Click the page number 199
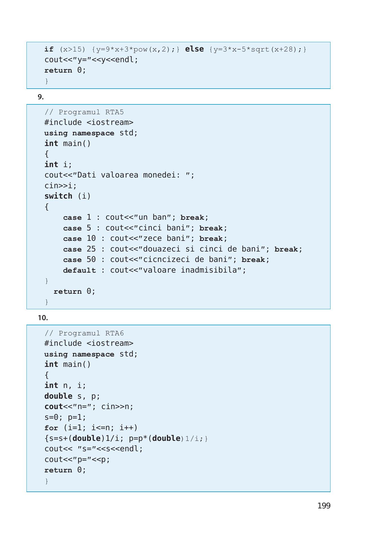(x=324, y=506)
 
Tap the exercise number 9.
(x=41, y=97)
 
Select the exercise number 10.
(x=43, y=318)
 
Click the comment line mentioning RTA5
(x=84, y=112)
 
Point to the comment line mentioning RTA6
(x=84, y=333)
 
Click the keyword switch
(x=58, y=196)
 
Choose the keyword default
(x=79, y=270)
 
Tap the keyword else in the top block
(x=194, y=49)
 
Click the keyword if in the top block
(x=49, y=49)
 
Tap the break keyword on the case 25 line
(x=286, y=249)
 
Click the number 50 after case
(x=91, y=259)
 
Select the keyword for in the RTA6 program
(x=51, y=428)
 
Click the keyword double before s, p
(x=58, y=396)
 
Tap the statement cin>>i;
(x=61, y=186)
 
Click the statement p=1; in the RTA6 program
(x=77, y=417)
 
